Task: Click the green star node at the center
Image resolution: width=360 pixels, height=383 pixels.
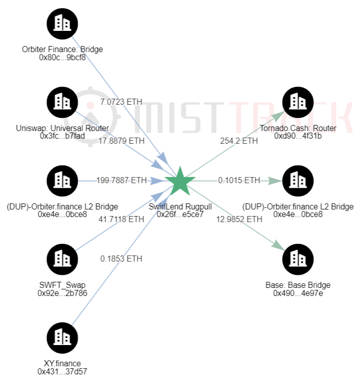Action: click(x=180, y=181)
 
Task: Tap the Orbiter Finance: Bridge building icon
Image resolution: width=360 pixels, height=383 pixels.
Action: click(x=62, y=23)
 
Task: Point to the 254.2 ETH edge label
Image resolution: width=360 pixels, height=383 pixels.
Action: click(x=238, y=141)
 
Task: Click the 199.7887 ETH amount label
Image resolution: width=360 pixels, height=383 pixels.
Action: click(x=121, y=181)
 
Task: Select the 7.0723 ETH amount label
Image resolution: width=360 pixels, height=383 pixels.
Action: click(x=121, y=102)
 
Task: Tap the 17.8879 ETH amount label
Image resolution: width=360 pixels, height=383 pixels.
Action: click(x=121, y=141)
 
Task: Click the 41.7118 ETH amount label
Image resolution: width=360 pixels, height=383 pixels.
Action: click(x=121, y=220)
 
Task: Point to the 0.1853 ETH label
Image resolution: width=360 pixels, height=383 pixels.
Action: click(x=121, y=259)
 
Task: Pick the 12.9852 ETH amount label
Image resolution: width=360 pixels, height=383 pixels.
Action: click(x=238, y=220)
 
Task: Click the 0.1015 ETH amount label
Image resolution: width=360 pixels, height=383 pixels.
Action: click(x=238, y=181)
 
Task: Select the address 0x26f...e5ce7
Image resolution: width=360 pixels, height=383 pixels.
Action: click(x=180, y=214)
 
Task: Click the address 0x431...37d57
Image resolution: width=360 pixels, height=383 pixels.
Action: click(x=62, y=371)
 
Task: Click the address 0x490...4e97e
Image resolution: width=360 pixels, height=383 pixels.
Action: click(x=298, y=293)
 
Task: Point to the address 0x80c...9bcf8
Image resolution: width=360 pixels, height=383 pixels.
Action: click(x=62, y=57)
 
